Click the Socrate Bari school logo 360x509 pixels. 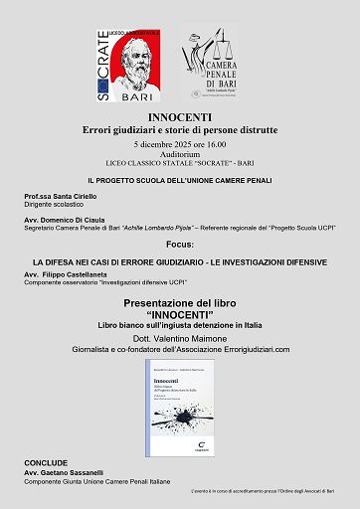click(x=129, y=66)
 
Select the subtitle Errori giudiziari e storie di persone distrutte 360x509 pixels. click(x=180, y=129)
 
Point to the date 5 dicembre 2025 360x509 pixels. click(x=180, y=143)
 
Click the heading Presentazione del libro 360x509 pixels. click(x=180, y=302)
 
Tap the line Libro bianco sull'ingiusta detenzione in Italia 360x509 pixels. click(x=180, y=325)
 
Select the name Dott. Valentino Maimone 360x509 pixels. click(x=180, y=339)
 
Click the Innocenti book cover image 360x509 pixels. click(x=180, y=404)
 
